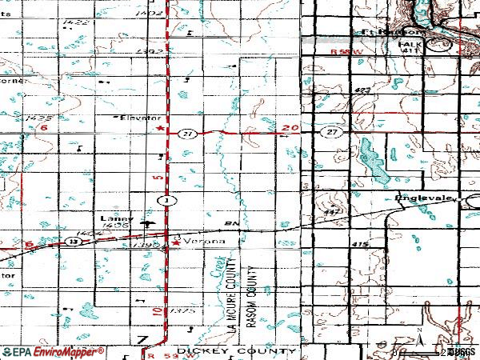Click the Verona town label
click(205, 240)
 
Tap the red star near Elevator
click(160, 129)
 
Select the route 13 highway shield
click(73, 240)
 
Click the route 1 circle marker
click(166, 198)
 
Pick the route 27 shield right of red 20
click(330, 130)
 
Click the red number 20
click(290, 128)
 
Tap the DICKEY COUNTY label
click(228, 350)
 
